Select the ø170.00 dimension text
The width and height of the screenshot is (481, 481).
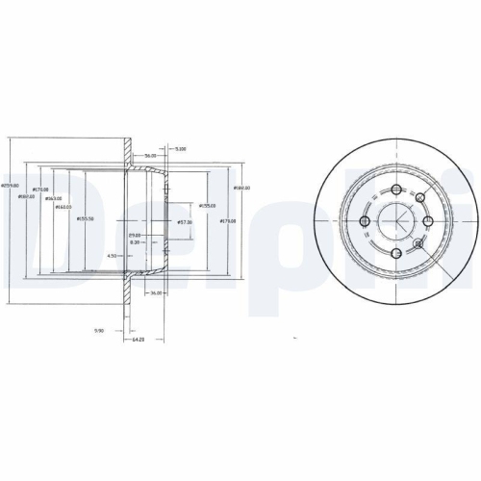coord(40,190)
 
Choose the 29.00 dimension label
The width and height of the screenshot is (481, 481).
coord(135,235)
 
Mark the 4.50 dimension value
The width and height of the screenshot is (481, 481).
coord(112,256)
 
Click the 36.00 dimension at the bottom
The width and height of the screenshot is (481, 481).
coord(154,293)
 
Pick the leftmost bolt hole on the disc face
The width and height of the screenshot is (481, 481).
coord(364,223)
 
